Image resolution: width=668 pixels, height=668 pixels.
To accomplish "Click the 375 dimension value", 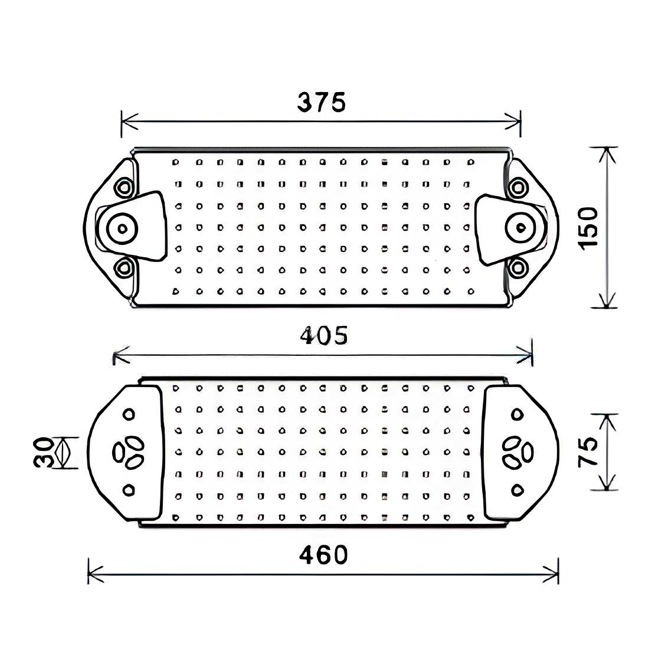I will coord(321,102).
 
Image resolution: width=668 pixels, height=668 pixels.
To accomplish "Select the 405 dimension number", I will coord(324,336).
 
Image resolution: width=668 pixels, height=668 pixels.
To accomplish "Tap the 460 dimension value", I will coord(323,555).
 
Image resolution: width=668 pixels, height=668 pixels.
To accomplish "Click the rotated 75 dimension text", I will coord(588,452).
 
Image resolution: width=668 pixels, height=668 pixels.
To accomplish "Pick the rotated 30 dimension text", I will coord(44,453).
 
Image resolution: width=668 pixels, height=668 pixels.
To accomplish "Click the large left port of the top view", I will coord(123,228).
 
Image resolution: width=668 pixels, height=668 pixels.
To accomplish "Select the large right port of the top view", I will coord(520,227).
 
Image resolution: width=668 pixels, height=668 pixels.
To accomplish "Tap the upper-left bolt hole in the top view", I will coord(124,188).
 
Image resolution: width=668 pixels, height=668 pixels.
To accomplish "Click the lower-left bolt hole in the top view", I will coord(124,268).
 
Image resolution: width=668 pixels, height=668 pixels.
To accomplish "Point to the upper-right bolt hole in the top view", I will coord(518,188).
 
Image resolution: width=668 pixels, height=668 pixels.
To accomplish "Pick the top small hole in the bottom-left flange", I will coord(129,414).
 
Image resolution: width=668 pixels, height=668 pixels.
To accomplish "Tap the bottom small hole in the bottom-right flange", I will coord(518,489).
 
